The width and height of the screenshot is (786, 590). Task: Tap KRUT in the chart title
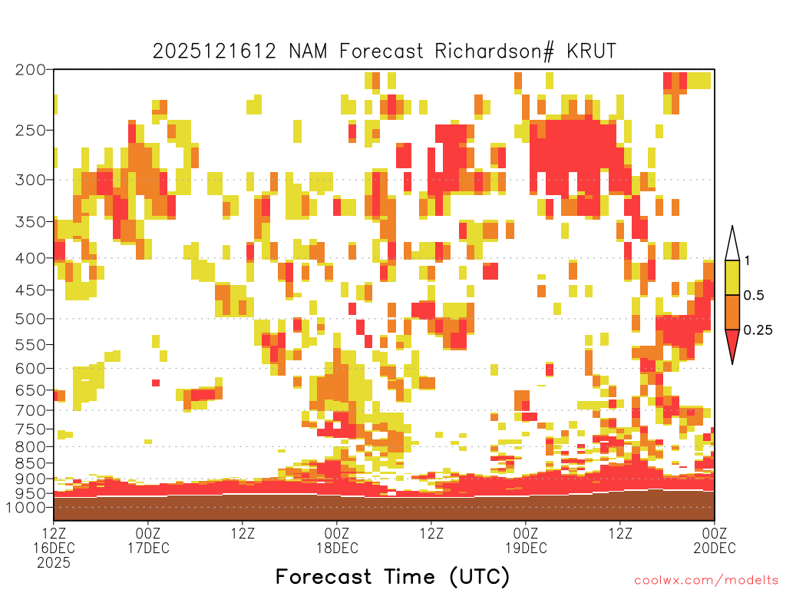click(591, 51)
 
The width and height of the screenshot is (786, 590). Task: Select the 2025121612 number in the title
click(215, 51)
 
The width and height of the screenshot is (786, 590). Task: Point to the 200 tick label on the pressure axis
click(30, 70)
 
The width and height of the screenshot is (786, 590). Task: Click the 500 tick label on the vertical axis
click(30, 319)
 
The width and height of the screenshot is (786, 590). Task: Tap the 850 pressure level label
click(30, 463)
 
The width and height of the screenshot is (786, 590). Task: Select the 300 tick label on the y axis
click(30, 180)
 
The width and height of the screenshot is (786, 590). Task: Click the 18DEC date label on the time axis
click(337, 548)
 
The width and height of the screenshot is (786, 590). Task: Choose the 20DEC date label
click(715, 548)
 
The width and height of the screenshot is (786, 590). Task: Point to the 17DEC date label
click(148, 548)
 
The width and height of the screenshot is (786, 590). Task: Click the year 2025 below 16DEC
click(54, 563)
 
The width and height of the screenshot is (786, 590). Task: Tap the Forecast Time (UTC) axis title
click(392, 576)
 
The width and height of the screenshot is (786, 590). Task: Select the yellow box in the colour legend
click(732, 277)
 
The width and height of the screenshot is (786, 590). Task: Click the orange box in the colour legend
click(732, 312)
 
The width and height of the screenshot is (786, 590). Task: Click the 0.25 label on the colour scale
click(758, 330)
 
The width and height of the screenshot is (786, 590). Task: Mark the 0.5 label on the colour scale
click(754, 296)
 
